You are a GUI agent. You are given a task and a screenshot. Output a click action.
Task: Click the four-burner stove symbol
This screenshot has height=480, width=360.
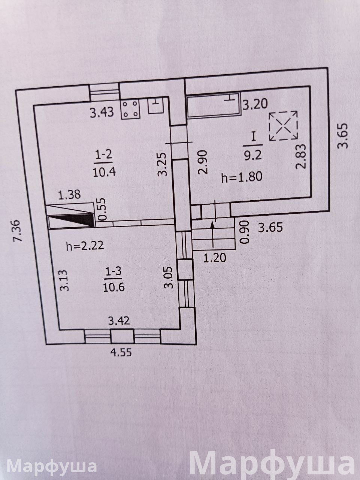pos(130,109)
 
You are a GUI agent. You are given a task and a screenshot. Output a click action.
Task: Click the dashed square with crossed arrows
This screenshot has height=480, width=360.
pos(283,126)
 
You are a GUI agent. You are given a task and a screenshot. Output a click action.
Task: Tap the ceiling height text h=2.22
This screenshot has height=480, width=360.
pos(84,246)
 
